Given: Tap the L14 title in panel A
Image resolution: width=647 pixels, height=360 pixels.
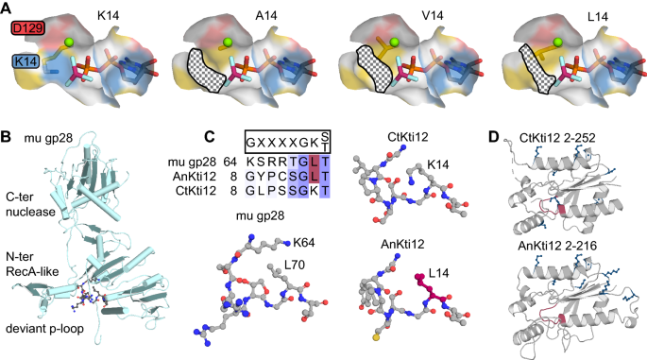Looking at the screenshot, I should (561, 13).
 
